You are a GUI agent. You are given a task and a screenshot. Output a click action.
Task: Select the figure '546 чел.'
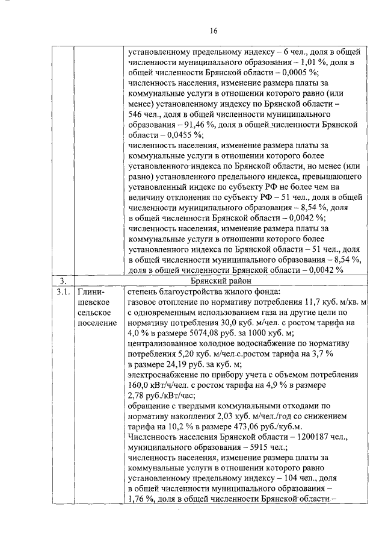pos(145,114)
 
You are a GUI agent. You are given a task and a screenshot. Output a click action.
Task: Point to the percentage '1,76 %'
pos(141,499)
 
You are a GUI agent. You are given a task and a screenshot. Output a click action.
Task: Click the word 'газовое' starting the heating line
pos(143,302)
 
